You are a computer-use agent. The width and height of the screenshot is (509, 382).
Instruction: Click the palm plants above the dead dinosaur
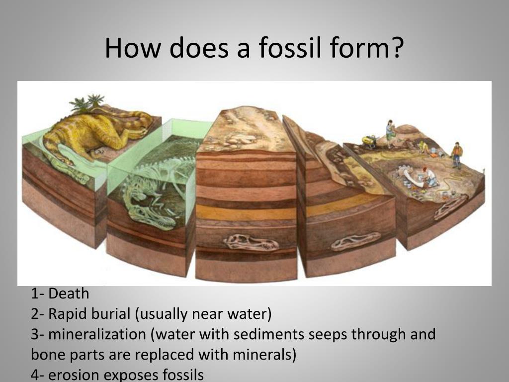click(87, 102)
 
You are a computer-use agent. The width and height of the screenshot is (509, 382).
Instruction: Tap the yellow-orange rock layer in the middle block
click(246, 212)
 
